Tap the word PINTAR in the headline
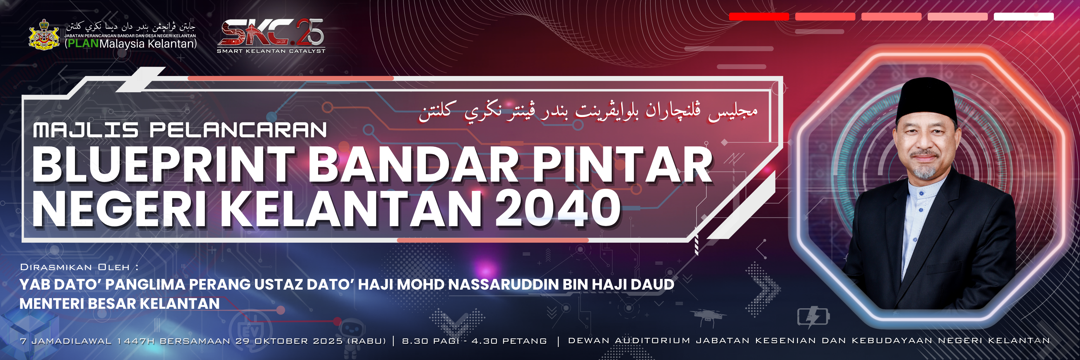point(623,164)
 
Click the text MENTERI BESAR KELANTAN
point(119,304)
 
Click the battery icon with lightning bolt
point(813,317)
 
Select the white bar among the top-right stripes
point(1023,16)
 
